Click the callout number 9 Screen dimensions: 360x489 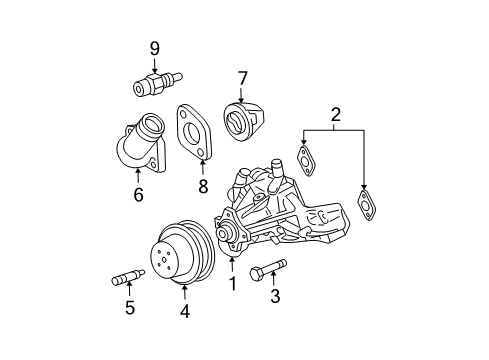point(155,47)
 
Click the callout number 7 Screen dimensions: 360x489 point(241,77)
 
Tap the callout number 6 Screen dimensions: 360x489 point(138,195)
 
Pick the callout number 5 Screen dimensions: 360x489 point(129,308)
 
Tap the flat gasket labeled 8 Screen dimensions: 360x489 point(196,134)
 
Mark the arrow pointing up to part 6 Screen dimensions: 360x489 point(138,178)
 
